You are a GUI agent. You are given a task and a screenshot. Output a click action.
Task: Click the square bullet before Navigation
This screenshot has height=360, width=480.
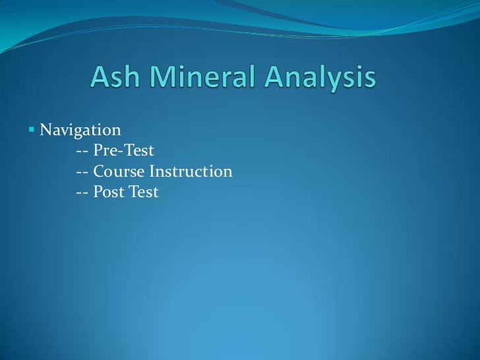click(31, 128)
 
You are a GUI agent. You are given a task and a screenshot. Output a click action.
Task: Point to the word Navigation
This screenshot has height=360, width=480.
click(80, 128)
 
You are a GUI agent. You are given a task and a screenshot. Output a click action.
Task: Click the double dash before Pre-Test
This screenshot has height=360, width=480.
click(83, 151)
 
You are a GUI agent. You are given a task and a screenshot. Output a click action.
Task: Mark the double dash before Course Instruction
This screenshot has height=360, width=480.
click(83, 172)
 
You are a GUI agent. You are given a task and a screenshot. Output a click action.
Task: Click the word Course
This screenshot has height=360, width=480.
click(119, 171)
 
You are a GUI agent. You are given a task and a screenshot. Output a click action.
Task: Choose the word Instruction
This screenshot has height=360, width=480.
click(191, 171)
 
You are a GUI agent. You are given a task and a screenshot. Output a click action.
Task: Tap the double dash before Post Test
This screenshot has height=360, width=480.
click(83, 193)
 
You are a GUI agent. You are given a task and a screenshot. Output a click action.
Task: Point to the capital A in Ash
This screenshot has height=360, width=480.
click(100, 80)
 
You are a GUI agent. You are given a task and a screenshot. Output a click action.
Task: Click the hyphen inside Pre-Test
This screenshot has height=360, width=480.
click(123, 151)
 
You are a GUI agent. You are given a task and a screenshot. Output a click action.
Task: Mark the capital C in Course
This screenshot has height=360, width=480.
click(100, 171)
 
